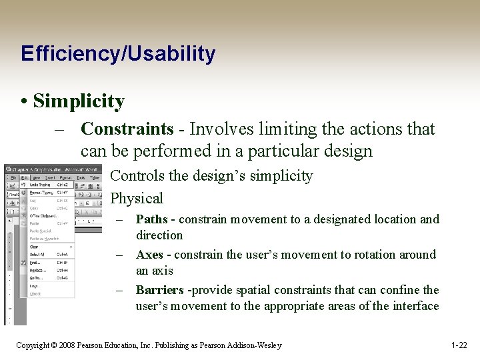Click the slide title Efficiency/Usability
118,53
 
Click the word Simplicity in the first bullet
79,101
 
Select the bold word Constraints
127,129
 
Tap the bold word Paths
151,219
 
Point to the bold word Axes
150,255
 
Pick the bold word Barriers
159,290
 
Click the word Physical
136,198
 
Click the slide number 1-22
459,345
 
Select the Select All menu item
38,254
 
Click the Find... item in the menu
35,263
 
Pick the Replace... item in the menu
38,270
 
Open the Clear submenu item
34,246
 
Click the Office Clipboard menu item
43,215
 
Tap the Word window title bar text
53,169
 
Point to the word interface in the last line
417,306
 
